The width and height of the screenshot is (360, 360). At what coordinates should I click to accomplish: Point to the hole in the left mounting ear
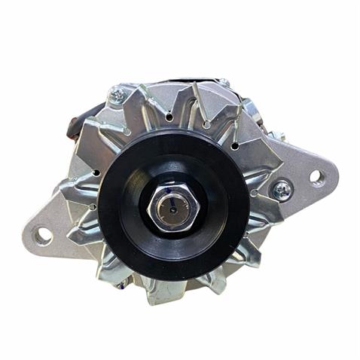43,236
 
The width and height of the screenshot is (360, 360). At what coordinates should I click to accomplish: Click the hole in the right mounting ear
318,178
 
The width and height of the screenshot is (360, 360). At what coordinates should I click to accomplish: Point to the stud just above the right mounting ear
279,136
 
